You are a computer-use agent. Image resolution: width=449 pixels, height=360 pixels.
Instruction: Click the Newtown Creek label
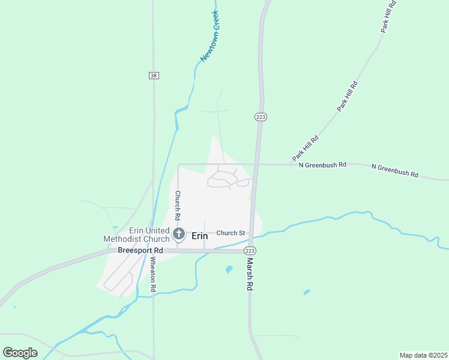[x=209, y=36]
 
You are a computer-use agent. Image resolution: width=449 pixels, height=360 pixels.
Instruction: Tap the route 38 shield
[x=154, y=75]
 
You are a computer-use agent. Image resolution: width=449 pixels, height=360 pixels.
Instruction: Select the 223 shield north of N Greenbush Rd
[x=261, y=116]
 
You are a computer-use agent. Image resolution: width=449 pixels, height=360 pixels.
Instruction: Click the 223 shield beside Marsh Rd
[x=250, y=250]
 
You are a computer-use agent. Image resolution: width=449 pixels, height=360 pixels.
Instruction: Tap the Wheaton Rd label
[x=153, y=274]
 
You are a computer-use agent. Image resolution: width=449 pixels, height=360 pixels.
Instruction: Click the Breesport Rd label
[x=140, y=250]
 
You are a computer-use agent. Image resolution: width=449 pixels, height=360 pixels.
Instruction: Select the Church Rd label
[x=178, y=204]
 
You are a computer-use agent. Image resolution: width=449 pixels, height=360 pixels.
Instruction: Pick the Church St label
[x=231, y=233]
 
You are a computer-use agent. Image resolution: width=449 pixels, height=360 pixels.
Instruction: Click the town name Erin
[x=199, y=236]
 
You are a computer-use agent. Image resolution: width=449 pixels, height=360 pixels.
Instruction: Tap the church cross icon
[x=178, y=233]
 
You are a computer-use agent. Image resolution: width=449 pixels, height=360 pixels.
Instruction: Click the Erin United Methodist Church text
[x=136, y=235]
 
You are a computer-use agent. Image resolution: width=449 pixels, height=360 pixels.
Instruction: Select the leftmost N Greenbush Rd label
[x=323, y=164]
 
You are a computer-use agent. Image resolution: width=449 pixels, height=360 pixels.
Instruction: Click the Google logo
[x=20, y=353]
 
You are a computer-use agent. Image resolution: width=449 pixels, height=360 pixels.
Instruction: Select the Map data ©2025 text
[x=423, y=355]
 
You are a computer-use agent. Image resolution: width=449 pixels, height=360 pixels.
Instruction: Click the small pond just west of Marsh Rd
[x=229, y=269]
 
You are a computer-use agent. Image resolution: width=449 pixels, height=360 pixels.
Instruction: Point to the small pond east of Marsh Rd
[x=307, y=292]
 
